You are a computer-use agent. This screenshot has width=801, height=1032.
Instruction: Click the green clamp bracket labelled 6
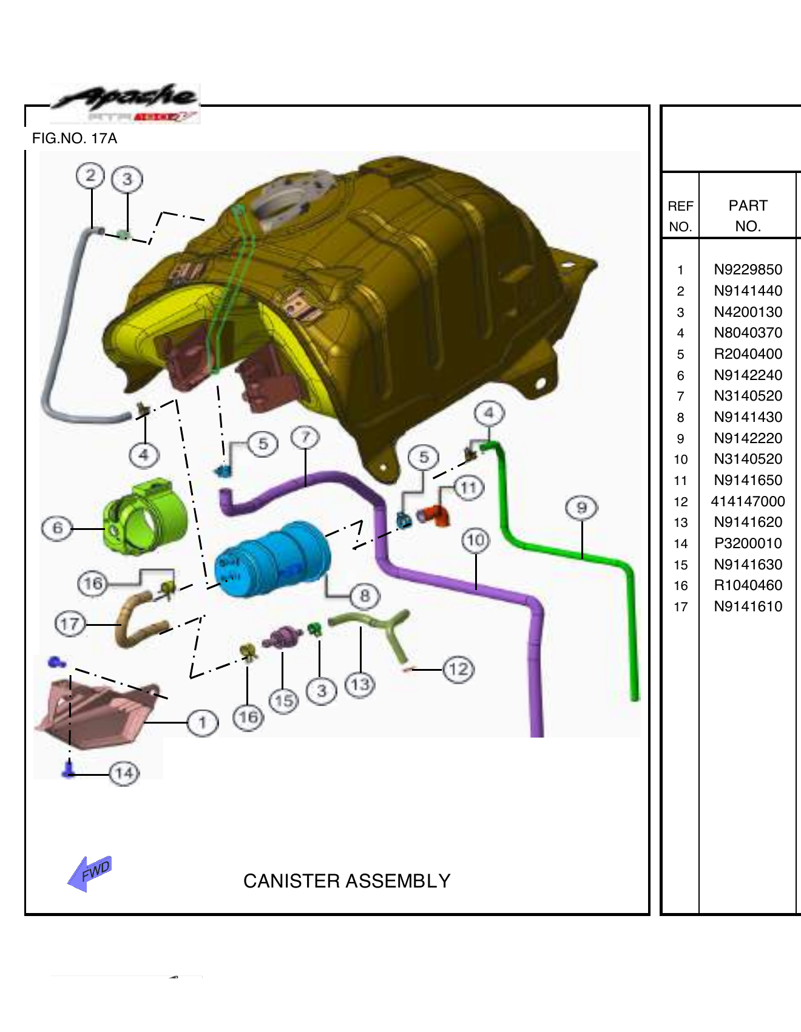click(x=146, y=519)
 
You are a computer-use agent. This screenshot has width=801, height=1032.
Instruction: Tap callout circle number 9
click(x=581, y=508)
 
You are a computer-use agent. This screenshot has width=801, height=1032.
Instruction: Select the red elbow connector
click(x=435, y=515)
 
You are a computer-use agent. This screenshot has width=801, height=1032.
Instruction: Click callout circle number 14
click(x=124, y=773)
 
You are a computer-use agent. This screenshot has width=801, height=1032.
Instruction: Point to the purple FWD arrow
click(x=90, y=873)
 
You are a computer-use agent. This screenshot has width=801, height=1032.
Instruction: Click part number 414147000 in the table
click(x=748, y=501)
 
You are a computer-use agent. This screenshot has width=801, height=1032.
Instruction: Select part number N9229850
click(x=748, y=270)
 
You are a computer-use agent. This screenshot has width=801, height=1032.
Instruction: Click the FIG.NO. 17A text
click(x=75, y=138)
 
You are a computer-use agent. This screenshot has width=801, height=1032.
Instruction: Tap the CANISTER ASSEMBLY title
click(x=346, y=881)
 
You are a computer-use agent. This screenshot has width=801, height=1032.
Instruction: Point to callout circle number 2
click(x=90, y=176)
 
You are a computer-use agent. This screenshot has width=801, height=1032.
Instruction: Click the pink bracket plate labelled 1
click(x=97, y=710)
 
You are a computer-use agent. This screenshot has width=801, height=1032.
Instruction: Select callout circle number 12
click(x=458, y=670)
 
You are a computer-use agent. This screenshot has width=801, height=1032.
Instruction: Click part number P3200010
click(x=748, y=543)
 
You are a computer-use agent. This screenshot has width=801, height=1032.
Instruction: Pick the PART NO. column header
click(x=748, y=216)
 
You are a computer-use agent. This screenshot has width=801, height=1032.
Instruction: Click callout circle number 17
click(x=70, y=624)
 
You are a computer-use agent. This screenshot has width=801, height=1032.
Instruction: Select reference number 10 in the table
click(x=680, y=460)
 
